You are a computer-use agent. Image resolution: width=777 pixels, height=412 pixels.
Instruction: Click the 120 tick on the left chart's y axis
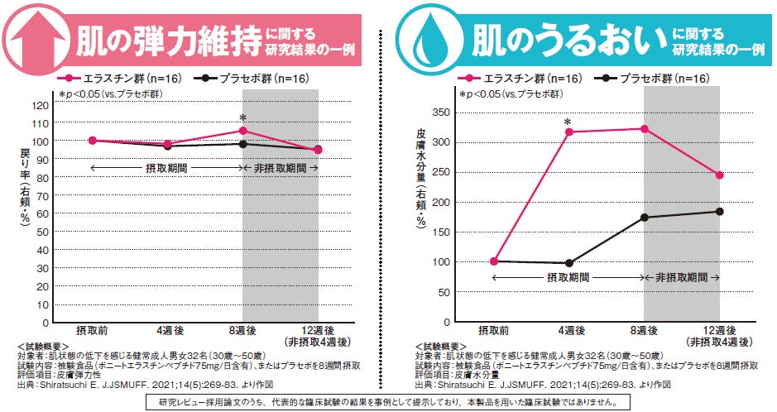point(41,105)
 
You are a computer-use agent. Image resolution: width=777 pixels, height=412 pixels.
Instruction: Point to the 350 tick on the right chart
point(444,113)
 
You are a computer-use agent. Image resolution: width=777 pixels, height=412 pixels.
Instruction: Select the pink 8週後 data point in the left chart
point(242,131)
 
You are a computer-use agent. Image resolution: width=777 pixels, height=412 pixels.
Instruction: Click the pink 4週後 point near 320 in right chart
point(568,132)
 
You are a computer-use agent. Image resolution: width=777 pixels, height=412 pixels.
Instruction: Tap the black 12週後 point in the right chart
point(719,211)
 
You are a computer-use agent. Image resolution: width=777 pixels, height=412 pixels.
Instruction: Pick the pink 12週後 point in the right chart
point(719,175)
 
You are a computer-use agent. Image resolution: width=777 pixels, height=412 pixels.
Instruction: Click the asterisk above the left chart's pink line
point(242,117)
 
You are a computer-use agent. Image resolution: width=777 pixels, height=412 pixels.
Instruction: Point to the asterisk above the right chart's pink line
point(568,122)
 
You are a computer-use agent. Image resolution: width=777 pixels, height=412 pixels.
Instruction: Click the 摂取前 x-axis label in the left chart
point(92,331)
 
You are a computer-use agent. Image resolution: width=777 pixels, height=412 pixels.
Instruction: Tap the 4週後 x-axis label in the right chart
point(568,331)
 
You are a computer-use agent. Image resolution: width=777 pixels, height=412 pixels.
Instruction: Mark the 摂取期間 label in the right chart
point(568,278)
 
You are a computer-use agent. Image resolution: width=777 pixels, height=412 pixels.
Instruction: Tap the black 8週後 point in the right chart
point(644,218)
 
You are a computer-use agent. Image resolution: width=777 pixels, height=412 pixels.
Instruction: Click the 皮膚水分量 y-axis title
point(421,157)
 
